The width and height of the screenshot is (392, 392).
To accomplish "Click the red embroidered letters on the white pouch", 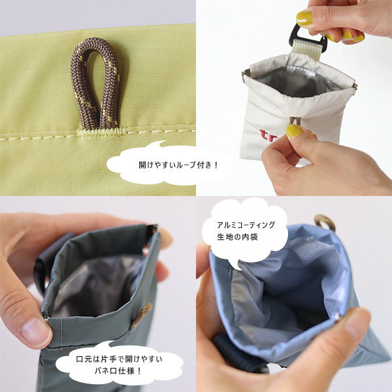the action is point(267,136).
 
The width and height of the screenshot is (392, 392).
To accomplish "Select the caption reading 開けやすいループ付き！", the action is point(178,165).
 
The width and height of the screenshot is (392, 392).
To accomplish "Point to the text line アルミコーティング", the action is point(246,225).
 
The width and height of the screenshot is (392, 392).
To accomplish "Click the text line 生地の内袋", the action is point(237,237).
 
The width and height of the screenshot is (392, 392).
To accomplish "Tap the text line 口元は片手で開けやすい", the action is point(119,359).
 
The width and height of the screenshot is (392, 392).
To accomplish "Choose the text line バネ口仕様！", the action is point(118,370).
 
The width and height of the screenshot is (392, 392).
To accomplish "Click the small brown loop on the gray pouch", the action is point(141,316).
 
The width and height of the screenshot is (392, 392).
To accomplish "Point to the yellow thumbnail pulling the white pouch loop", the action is point(295,131).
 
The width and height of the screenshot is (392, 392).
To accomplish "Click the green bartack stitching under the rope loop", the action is point(102,132).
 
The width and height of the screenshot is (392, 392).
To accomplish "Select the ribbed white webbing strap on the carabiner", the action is point(306,49).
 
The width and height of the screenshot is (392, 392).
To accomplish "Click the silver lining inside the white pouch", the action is point(297,80).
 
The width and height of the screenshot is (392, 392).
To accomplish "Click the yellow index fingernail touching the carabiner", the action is point(304,18).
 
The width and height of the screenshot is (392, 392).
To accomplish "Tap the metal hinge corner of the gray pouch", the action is point(153,227).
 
